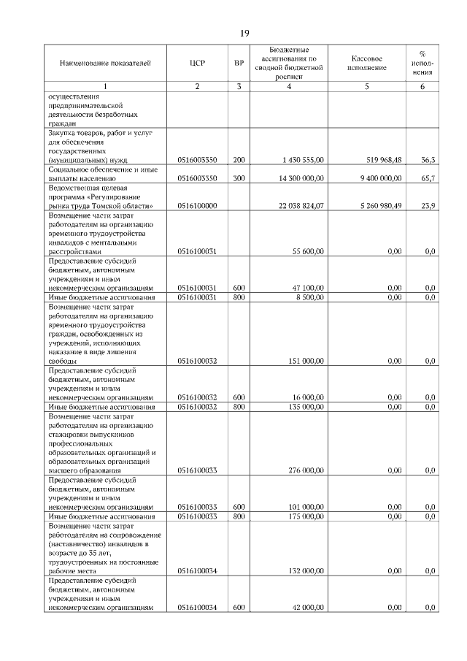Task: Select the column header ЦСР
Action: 197,64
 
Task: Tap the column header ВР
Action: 239,64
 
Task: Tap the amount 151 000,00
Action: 306,361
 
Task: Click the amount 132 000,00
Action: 306,570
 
